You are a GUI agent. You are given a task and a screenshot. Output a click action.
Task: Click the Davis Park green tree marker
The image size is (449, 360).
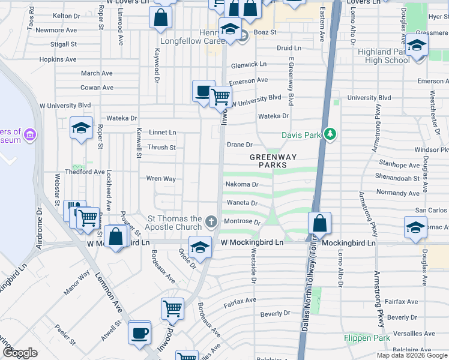pyautogui.click(x=329, y=134)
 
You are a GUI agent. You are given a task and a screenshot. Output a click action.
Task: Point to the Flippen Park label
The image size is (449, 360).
pyautogui.click(x=367, y=338)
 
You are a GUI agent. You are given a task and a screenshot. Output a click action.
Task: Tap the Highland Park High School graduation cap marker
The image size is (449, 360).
pyautogui.click(x=417, y=46)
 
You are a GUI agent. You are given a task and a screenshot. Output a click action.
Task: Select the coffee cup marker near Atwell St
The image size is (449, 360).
pyautogui.click(x=140, y=332)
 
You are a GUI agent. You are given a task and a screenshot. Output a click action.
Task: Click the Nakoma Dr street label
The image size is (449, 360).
pyautogui.click(x=241, y=185)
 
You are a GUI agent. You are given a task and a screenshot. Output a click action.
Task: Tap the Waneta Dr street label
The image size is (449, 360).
pyautogui.click(x=242, y=203)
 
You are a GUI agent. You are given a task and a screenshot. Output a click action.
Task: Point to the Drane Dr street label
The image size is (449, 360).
pyautogui.click(x=240, y=145)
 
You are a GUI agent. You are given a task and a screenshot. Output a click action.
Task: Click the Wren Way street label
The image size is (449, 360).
pyautogui.click(x=161, y=179)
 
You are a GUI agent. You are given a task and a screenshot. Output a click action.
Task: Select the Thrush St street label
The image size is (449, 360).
pyautogui.click(x=161, y=147)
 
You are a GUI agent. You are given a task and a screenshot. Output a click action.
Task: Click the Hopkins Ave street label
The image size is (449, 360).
pyautogui.click(x=58, y=59)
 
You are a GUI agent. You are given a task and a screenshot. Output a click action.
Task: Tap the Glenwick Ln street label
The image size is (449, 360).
pyautogui.click(x=248, y=64)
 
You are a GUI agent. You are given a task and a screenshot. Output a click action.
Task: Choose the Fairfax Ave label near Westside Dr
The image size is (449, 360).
pyautogui.click(x=240, y=299)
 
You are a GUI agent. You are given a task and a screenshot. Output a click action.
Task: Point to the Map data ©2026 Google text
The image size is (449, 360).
pyautogui.click(x=411, y=355)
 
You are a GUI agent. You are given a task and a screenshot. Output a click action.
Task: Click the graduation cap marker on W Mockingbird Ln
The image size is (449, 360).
pyautogui.click(x=200, y=246)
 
